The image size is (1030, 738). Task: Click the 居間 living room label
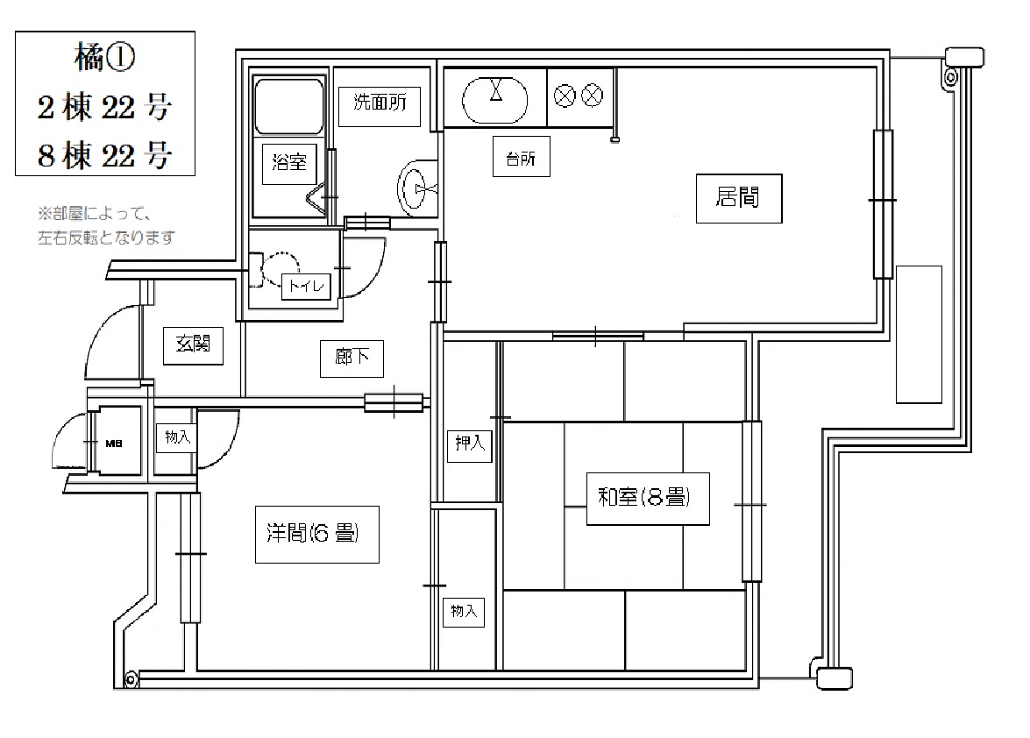[x=738, y=197]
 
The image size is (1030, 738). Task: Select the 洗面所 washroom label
[x=380, y=103]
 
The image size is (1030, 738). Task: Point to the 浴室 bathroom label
[x=289, y=162]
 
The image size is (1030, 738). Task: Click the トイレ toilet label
[x=306, y=287]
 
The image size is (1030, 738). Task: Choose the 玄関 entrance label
[x=193, y=344]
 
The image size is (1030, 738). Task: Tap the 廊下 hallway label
[x=352, y=358]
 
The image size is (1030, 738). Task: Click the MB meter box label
[x=114, y=444]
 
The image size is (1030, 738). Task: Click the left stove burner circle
[x=565, y=96]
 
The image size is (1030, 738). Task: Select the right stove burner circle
[x=593, y=96]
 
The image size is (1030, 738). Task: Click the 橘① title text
[x=105, y=59]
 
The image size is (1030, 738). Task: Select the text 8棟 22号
[x=105, y=156]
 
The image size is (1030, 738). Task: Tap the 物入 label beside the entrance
[x=177, y=437]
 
